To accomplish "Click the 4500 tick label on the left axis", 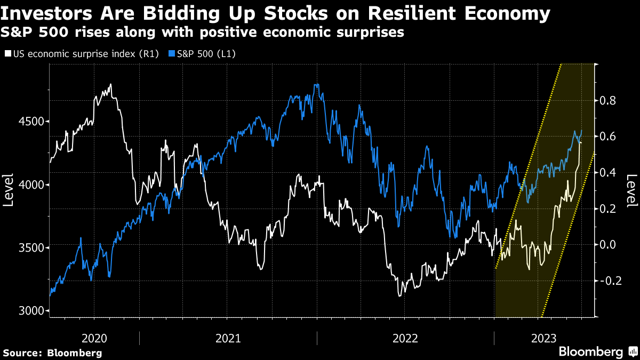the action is [x=31, y=122].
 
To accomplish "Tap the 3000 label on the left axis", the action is [x=31, y=310].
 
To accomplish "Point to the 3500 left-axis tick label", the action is [x=31, y=247].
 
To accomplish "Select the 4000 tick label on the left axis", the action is [x=31, y=185].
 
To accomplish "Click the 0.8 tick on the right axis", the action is [x=607, y=101].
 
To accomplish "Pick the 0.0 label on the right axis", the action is [x=607, y=245].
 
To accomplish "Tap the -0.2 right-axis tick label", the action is [x=611, y=281].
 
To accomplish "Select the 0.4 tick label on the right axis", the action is [x=607, y=173].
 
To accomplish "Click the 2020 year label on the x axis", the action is [x=94, y=339].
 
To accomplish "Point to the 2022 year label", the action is [x=405, y=339].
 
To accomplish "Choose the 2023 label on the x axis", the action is [x=543, y=339].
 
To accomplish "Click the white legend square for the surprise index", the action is [x=8, y=53].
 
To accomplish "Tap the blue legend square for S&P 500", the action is [x=172, y=53].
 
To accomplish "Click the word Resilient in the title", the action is [x=412, y=14].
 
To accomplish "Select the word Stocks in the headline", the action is [x=295, y=14].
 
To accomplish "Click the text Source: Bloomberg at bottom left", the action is [x=53, y=353].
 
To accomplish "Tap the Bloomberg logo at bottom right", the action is [x=598, y=351].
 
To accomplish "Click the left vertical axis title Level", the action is [x=8, y=190].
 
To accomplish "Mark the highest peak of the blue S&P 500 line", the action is [x=316, y=85].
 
